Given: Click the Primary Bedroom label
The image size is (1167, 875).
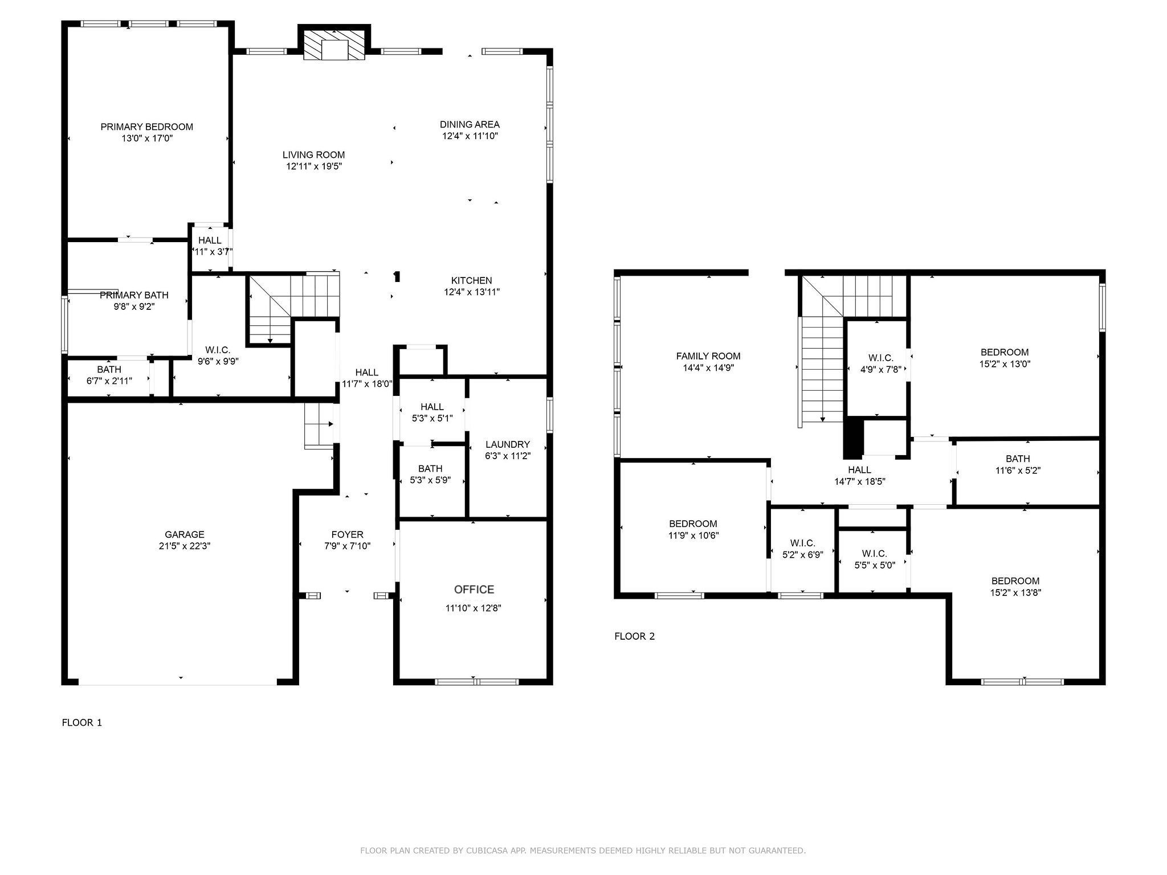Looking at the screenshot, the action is pyautogui.click(x=147, y=127).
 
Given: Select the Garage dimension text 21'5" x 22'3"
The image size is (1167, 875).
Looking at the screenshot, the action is pyautogui.click(x=185, y=546).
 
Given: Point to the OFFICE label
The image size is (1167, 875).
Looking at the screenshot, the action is pyautogui.click(x=474, y=590).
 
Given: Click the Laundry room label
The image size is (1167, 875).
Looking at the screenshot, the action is pyautogui.click(x=508, y=444).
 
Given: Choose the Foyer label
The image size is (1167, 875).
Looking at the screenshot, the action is pyautogui.click(x=348, y=534).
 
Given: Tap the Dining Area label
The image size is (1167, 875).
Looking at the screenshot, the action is pyautogui.click(x=470, y=124).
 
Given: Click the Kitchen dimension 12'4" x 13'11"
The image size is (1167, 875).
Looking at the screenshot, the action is pyautogui.click(x=472, y=292).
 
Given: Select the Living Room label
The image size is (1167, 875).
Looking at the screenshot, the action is pyautogui.click(x=314, y=155).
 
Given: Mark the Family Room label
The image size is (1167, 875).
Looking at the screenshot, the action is pyautogui.click(x=708, y=356).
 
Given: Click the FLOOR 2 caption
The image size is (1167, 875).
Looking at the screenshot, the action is pyautogui.click(x=635, y=636).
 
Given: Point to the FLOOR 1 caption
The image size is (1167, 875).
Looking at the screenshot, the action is pyautogui.click(x=82, y=723).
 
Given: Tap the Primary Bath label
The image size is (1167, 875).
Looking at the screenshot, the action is pyautogui.click(x=134, y=295).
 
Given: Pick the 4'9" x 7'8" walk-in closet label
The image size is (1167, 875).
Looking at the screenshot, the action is pyautogui.click(x=881, y=363).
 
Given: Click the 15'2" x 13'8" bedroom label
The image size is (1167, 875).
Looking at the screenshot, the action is pyautogui.click(x=1015, y=587).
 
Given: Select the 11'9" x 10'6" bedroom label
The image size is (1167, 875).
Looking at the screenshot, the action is pyautogui.click(x=693, y=530).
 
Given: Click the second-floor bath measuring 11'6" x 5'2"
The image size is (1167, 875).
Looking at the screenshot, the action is pyautogui.click(x=1018, y=465).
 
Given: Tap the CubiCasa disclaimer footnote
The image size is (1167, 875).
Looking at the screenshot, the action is pyautogui.click(x=583, y=851).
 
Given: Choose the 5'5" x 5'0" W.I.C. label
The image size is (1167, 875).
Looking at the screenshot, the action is pyautogui.click(x=875, y=559).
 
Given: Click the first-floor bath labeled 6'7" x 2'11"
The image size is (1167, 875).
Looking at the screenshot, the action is pyautogui.click(x=109, y=375).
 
